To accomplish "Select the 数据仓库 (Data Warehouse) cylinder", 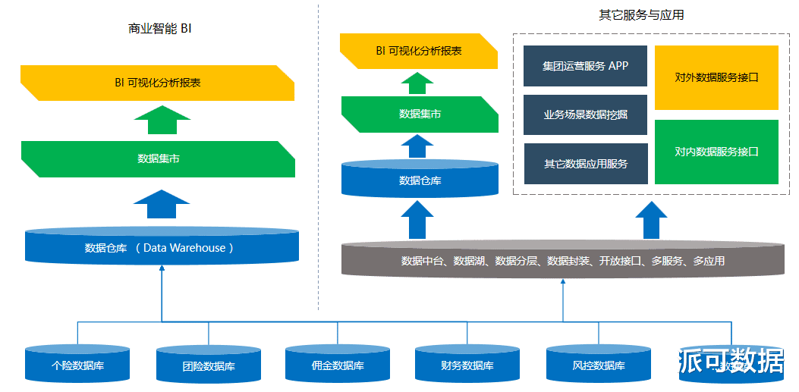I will (162, 247).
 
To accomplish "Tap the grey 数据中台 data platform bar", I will (562, 261).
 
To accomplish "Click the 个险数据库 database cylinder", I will (77, 365).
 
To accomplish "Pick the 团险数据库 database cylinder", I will (208, 365).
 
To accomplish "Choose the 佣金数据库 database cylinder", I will (338, 365).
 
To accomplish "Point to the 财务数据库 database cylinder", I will (467, 365).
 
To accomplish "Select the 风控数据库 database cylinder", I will (599, 365).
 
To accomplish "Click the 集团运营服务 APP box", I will (585, 66).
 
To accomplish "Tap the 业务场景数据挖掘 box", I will (585, 114).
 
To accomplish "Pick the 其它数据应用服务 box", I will (585, 163).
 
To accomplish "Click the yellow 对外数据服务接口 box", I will (716, 77).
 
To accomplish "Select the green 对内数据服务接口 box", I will (716, 152).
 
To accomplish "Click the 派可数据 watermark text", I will (731, 361).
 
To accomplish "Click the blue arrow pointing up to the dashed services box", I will (651, 220).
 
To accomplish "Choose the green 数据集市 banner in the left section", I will (158, 158).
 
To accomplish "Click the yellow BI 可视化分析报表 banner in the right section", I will (418, 51).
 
